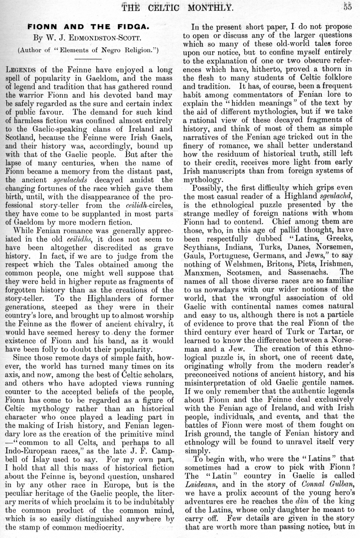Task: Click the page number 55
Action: coord(347,6)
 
